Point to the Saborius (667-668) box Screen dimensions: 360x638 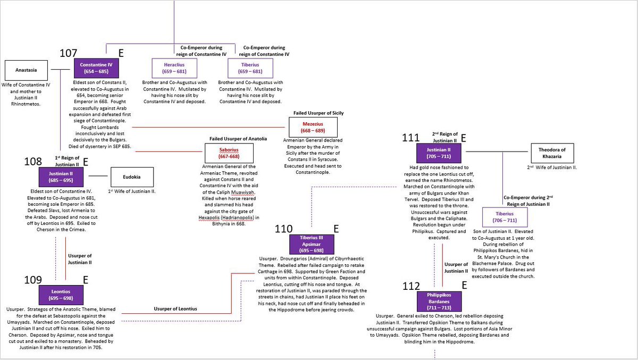point(229,153)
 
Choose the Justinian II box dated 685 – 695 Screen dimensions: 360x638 point(62,177)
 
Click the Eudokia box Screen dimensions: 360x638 point(132,177)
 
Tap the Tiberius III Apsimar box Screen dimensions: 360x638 point(312,244)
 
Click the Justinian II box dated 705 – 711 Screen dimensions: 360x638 point(441,153)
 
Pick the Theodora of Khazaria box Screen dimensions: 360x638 point(552,153)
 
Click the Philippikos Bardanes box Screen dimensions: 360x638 point(440,301)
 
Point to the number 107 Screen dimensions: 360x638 point(69,53)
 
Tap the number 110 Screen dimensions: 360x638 point(284,229)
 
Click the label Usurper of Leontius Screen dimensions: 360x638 point(175,309)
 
